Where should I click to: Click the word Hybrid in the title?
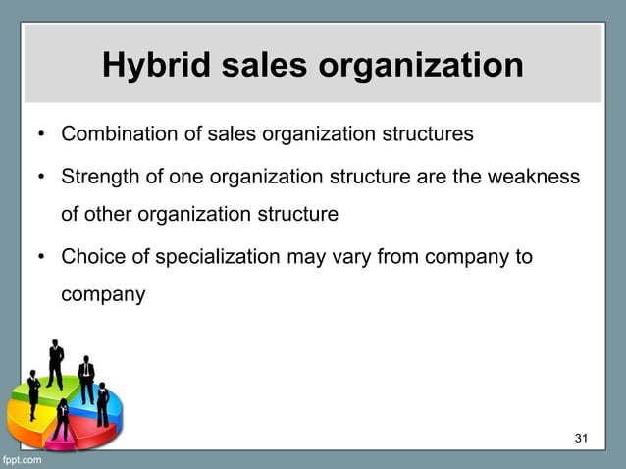[154, 67]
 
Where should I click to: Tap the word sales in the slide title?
[256, 67]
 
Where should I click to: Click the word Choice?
[89, 258]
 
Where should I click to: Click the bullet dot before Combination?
[42, 134]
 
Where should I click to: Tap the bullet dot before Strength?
[42, 179]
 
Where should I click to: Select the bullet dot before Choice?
[42, 258]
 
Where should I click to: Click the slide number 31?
[580, 437]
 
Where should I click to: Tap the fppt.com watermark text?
[21, 459]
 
